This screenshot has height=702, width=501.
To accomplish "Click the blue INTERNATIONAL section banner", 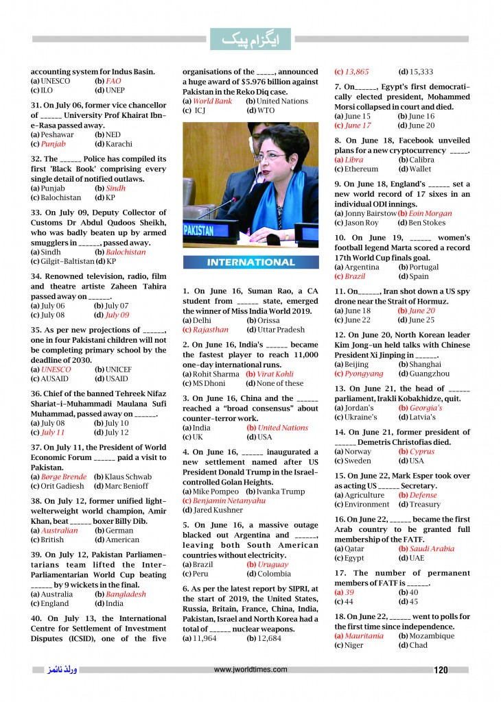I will (250, 262).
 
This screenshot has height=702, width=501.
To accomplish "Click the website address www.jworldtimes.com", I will (250, 670).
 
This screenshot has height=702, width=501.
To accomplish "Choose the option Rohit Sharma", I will (211, 374).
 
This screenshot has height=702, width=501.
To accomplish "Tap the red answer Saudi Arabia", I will (431, 548).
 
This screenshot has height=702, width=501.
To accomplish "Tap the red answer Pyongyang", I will (364, 374).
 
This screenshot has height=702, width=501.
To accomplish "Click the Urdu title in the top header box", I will (250, 40).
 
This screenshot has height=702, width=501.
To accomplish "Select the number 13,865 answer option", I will (356, 71).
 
